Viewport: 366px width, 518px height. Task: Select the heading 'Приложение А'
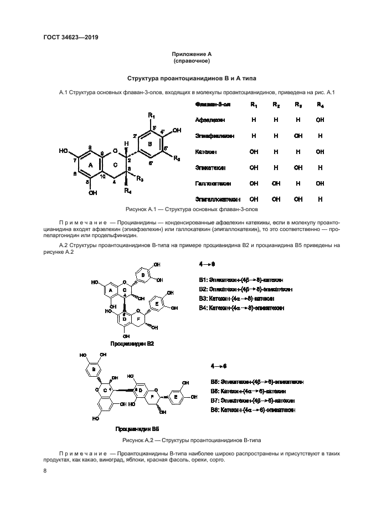(x=192, y=54)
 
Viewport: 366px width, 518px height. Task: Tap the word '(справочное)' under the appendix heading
(x=192, y=60)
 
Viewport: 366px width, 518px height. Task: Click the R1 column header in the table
(x=253, y=105)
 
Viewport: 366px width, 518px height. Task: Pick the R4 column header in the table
(x=319, y=105)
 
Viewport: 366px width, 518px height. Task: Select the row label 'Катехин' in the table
(x=205, y=151)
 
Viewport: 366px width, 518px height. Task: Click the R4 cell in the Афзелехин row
(x=319, y=120)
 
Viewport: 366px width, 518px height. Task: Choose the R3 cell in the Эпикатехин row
(x=298, y=167)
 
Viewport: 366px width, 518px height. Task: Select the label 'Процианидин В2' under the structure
(x=132, y=343)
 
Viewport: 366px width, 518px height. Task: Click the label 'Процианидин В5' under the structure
(x=137, y=429)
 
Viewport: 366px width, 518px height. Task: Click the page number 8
(x=45, y=471)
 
